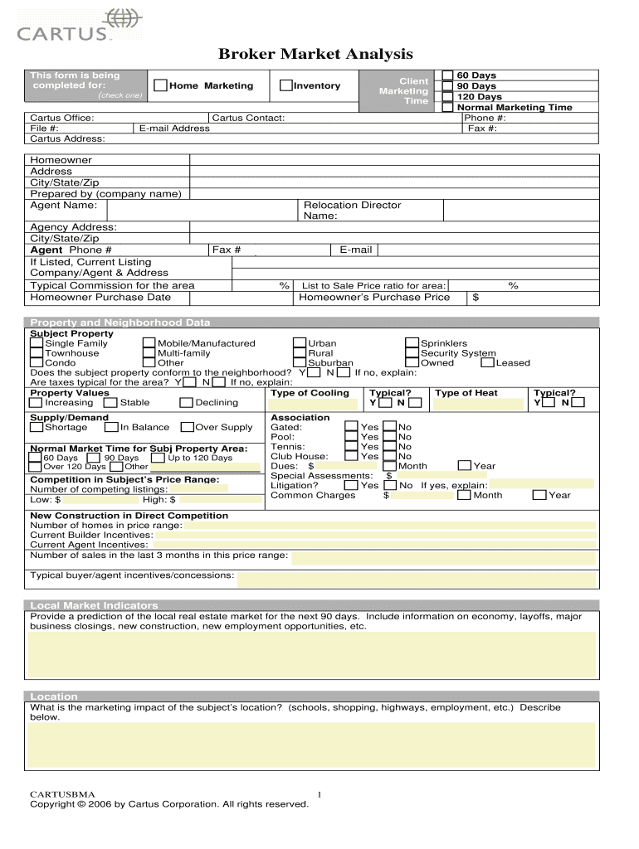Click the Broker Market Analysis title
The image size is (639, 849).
[x=315, y=54]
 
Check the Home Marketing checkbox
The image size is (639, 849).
[x=160, y=85]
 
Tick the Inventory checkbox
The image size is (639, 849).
[x=286, y=85]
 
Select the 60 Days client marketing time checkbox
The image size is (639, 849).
[x=448, y=75]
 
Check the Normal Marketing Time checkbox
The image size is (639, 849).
[x=448, y=107]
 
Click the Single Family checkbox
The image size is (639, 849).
[x=37, y=343]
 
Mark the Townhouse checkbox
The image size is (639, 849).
[x=37, y=353]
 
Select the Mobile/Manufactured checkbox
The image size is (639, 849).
[x=149, y=343]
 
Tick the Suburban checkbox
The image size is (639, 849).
[x=300, y=362]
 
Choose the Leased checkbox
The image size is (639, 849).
[x=488, y=362]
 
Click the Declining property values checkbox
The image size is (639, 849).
[x=187, y=403]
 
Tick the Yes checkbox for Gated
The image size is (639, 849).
[x=351, y=428]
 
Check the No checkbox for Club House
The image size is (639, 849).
[x=389, y=456]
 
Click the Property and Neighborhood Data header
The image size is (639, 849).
[x=120, y=323]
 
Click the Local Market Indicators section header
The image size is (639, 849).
[x=94, y=605]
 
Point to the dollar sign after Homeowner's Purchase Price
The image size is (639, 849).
[x=476, y=298]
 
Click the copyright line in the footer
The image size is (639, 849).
[x=169, y=803]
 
